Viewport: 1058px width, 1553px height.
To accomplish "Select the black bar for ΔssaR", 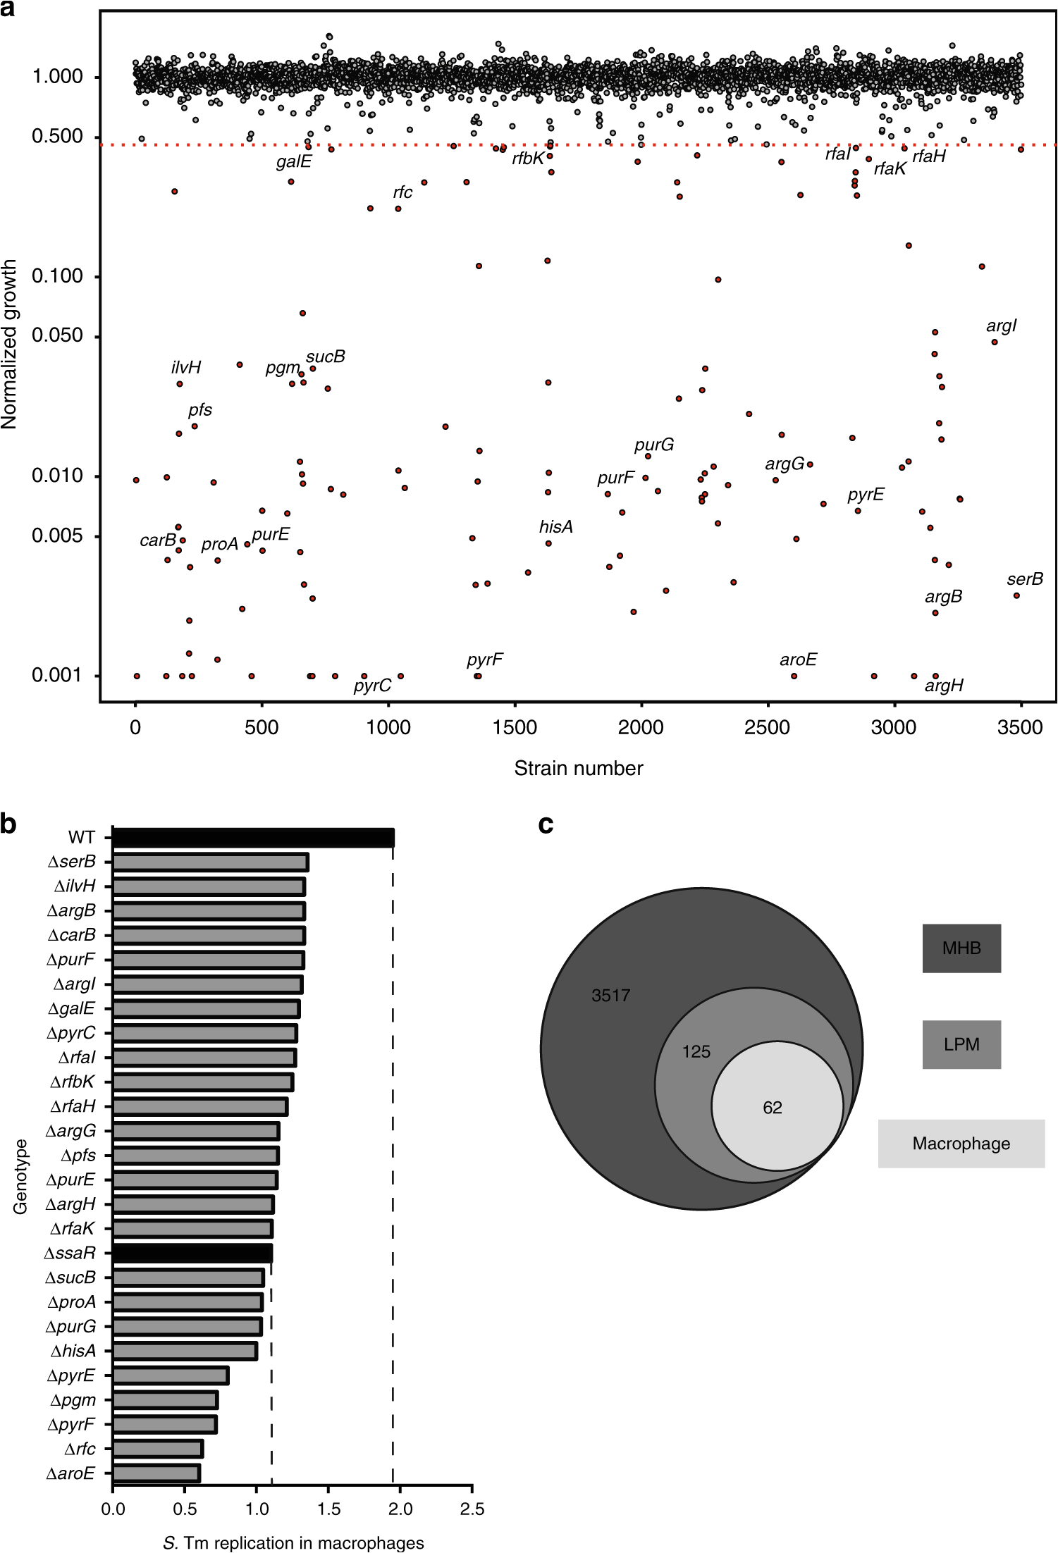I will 192,1254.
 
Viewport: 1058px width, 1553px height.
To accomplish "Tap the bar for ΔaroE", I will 156,1473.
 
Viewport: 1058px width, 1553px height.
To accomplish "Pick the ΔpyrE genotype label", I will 70,1375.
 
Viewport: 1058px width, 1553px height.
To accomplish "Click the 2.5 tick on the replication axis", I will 472,1509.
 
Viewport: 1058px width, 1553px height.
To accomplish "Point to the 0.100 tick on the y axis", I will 58,276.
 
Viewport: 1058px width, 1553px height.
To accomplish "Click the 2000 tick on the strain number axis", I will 641,727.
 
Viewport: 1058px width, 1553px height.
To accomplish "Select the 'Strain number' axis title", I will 578,768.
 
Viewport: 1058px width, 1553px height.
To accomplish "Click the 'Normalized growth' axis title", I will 9,344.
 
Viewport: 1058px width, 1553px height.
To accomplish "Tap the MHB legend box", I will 961,948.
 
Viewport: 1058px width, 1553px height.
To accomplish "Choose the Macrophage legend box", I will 961,1144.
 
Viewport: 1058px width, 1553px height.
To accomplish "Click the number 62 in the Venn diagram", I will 772,1108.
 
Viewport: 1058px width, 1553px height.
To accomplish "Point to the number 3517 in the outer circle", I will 610,996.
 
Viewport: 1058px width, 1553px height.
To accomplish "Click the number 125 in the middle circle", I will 696,1052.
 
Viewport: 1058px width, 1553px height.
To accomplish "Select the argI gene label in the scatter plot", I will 1001,326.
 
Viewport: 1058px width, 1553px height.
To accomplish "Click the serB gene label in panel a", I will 1024,579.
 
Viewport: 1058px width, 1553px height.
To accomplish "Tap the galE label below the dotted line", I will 293,162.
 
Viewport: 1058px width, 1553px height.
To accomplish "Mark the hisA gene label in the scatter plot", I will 555,527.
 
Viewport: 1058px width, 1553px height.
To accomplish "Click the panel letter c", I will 546,823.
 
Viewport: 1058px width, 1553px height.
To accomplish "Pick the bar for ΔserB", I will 210,862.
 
